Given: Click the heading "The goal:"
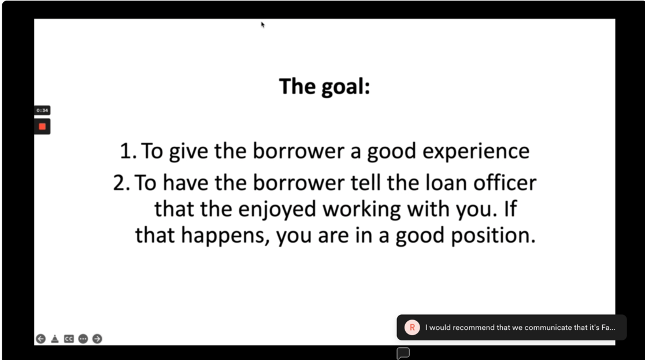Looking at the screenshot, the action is point(325,87).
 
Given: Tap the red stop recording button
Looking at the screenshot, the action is point(42,127).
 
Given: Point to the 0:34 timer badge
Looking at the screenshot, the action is point(42,110).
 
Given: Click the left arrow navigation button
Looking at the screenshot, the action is point(40,339).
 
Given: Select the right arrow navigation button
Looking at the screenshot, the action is point(97,339).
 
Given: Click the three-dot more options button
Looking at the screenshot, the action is point(83,339).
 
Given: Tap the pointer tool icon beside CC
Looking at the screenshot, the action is point(55,339).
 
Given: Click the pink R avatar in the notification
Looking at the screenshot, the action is point(412,328).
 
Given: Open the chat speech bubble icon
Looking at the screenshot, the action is point(403,353).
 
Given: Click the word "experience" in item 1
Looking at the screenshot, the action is point(476,151).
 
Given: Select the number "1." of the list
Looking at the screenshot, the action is point(128,151).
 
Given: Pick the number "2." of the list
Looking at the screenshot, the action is point(121,183).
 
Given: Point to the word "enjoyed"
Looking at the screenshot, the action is point(277,210).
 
